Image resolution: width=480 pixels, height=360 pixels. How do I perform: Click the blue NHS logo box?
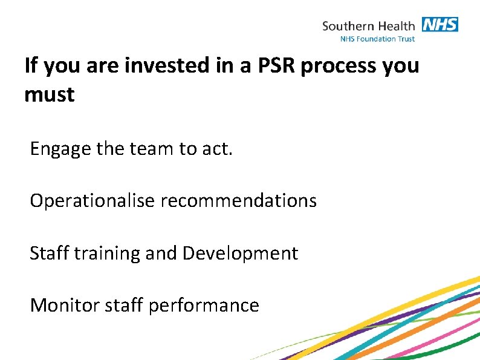click(x=439, y=25)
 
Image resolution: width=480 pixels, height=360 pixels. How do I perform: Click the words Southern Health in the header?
click(x=368, y=26)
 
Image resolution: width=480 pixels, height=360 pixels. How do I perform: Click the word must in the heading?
click(x=49, y=95)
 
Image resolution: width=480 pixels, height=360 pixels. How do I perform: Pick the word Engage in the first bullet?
click(x=58, y=149)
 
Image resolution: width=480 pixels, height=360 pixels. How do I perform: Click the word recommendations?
click(x=238, y=200)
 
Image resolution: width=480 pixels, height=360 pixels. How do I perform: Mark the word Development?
click(x=240, y=254)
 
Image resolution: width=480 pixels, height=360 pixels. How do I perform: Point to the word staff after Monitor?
click(x=123, y=306)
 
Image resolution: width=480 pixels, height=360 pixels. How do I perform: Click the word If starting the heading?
click(x=30, y=65)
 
